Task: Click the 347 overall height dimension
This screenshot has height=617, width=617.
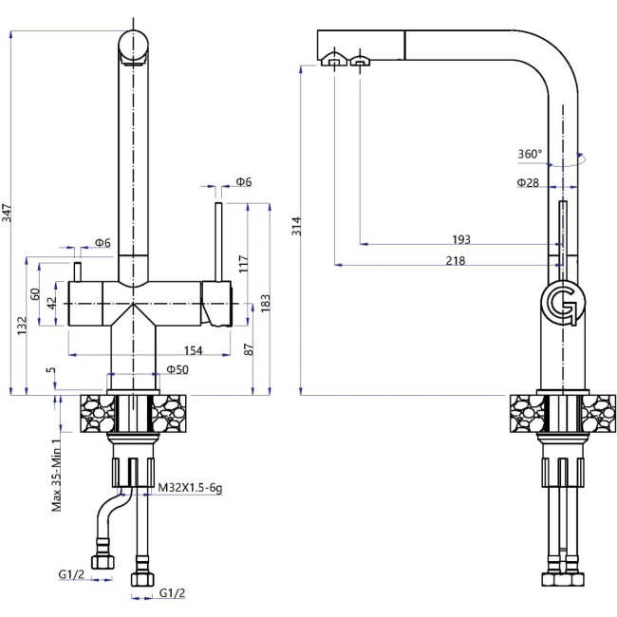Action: (9, 215)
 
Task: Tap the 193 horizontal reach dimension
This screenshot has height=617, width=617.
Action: (461, 240)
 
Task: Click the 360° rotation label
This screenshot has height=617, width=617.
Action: (531, 154)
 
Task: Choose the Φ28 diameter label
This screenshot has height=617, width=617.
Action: (529, 181)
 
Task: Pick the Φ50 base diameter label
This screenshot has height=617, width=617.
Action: (177, 368)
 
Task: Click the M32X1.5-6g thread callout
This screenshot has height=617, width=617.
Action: (188, 487)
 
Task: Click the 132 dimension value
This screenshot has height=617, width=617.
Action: (21, 326)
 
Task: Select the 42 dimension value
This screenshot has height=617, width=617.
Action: (52, 303)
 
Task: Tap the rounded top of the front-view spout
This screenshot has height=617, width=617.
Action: (134, 43)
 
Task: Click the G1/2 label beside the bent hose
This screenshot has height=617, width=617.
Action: (70, 572)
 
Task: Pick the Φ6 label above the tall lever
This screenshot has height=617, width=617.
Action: (243, 182)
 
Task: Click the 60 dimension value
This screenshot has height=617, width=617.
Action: (37, 294)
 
